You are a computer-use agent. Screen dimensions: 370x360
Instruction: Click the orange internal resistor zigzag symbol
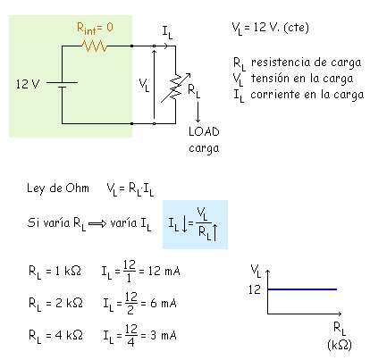(95, 46)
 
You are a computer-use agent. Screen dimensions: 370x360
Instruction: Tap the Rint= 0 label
(95, 29)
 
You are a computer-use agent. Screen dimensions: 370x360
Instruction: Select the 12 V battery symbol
(62, 85)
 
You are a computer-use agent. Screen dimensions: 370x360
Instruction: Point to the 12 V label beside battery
(28, 84)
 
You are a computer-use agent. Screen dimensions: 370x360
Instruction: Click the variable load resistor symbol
(175, 88)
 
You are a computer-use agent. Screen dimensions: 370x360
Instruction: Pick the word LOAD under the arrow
(204, 131)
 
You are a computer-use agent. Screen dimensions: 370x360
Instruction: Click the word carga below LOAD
(204, 148)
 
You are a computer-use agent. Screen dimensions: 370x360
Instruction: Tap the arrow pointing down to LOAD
(198, 113)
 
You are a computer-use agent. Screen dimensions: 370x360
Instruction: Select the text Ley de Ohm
(58, 188)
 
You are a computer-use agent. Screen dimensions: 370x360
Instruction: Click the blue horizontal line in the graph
(302, 289)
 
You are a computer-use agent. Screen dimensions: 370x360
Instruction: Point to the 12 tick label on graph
(255, 289)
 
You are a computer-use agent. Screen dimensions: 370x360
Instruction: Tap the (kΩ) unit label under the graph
(340, 345)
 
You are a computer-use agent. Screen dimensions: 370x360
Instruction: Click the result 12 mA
(164, 271)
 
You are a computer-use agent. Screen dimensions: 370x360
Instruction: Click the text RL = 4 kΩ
(55, 336)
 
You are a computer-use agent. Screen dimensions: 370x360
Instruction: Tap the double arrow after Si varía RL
(97, 223)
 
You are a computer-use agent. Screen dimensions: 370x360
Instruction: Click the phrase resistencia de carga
(306, 63)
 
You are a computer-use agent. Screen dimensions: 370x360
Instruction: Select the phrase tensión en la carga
(302, 79)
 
